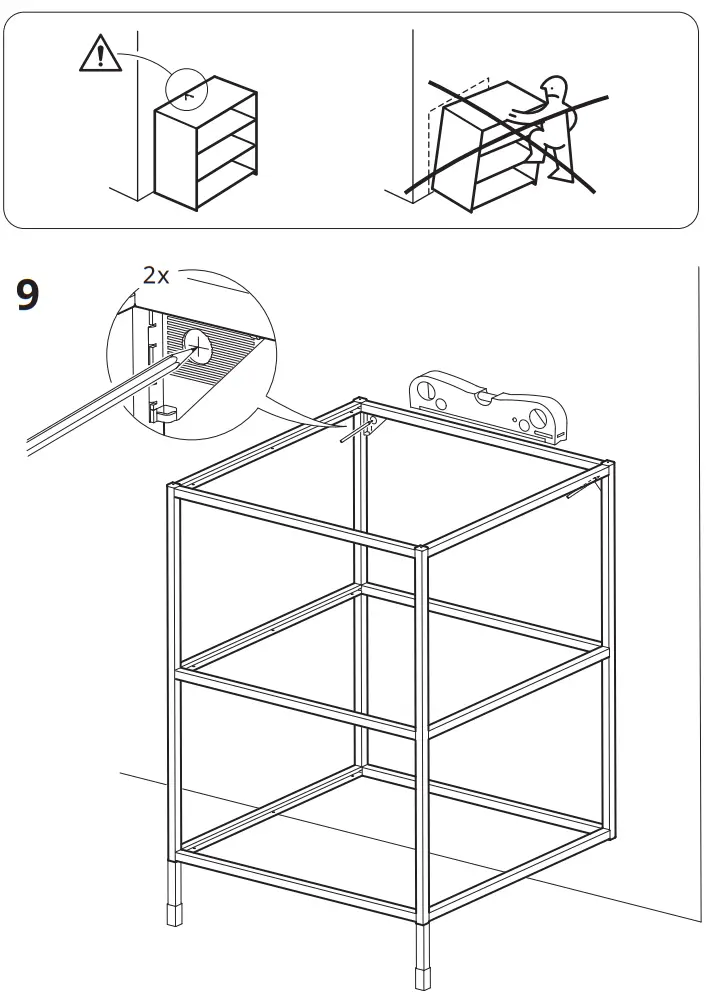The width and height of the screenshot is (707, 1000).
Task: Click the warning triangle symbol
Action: (x=99, y=55)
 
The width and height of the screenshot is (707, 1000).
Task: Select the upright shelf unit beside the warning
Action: (x=205, y=148)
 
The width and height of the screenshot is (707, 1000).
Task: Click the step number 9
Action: (x=29, y=295)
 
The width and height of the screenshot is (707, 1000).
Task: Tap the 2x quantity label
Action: (x=157, y=274)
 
